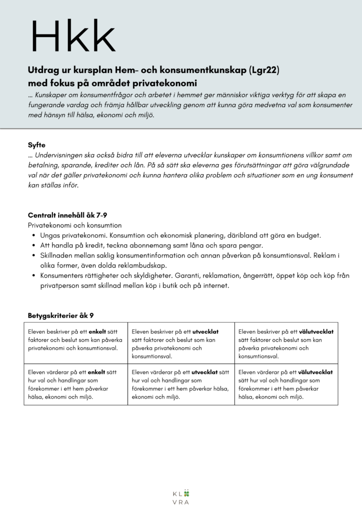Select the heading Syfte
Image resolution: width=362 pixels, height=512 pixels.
click(x=36, y=144)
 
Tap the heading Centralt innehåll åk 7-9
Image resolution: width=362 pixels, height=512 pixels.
click(x=67, y=215)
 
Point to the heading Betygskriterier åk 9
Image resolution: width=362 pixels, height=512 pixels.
click(x=60, y=315)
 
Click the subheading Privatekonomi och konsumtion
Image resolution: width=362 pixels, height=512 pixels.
click(x=74, y=225)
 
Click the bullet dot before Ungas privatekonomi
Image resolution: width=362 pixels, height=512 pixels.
click(x=33, y=235)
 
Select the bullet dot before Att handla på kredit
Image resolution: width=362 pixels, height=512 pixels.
click(x=33, y=245)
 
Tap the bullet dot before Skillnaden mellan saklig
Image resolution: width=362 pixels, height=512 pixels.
click(x=33, y=255)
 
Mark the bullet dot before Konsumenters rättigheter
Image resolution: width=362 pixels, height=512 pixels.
click(x=33, y=275)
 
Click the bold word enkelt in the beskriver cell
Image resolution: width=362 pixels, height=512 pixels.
click(x=97, y=331)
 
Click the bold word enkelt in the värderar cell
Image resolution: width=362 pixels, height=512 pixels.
click(x=97, y=372)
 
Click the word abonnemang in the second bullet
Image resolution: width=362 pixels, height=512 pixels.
click(x=128, y=245)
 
